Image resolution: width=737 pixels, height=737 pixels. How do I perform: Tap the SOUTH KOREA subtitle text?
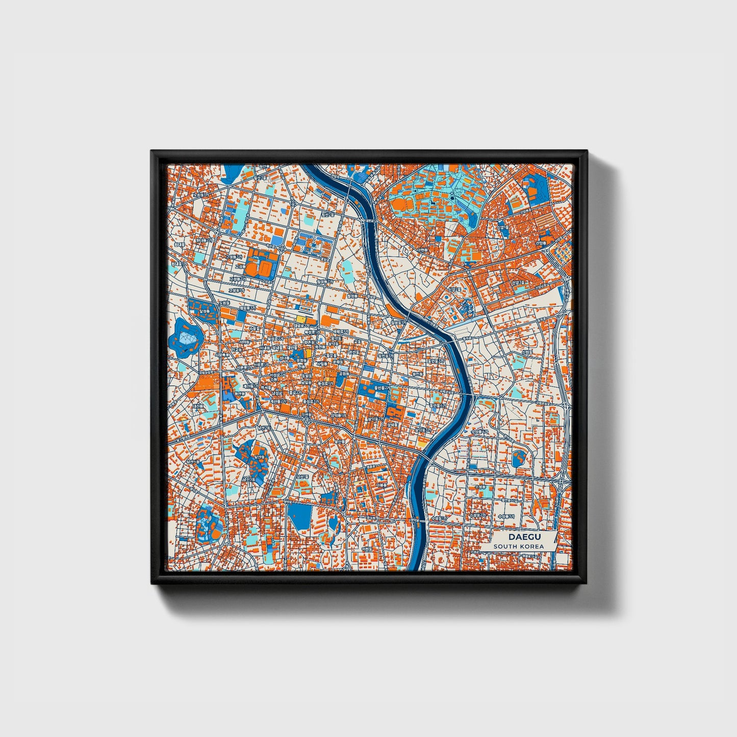click(518, 546)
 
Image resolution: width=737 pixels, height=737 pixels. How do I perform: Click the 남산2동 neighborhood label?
click(263, 427)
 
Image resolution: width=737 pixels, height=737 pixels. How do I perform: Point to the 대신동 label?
click(197, 406)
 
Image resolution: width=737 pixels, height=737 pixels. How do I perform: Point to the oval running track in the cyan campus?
click(407, 205)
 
